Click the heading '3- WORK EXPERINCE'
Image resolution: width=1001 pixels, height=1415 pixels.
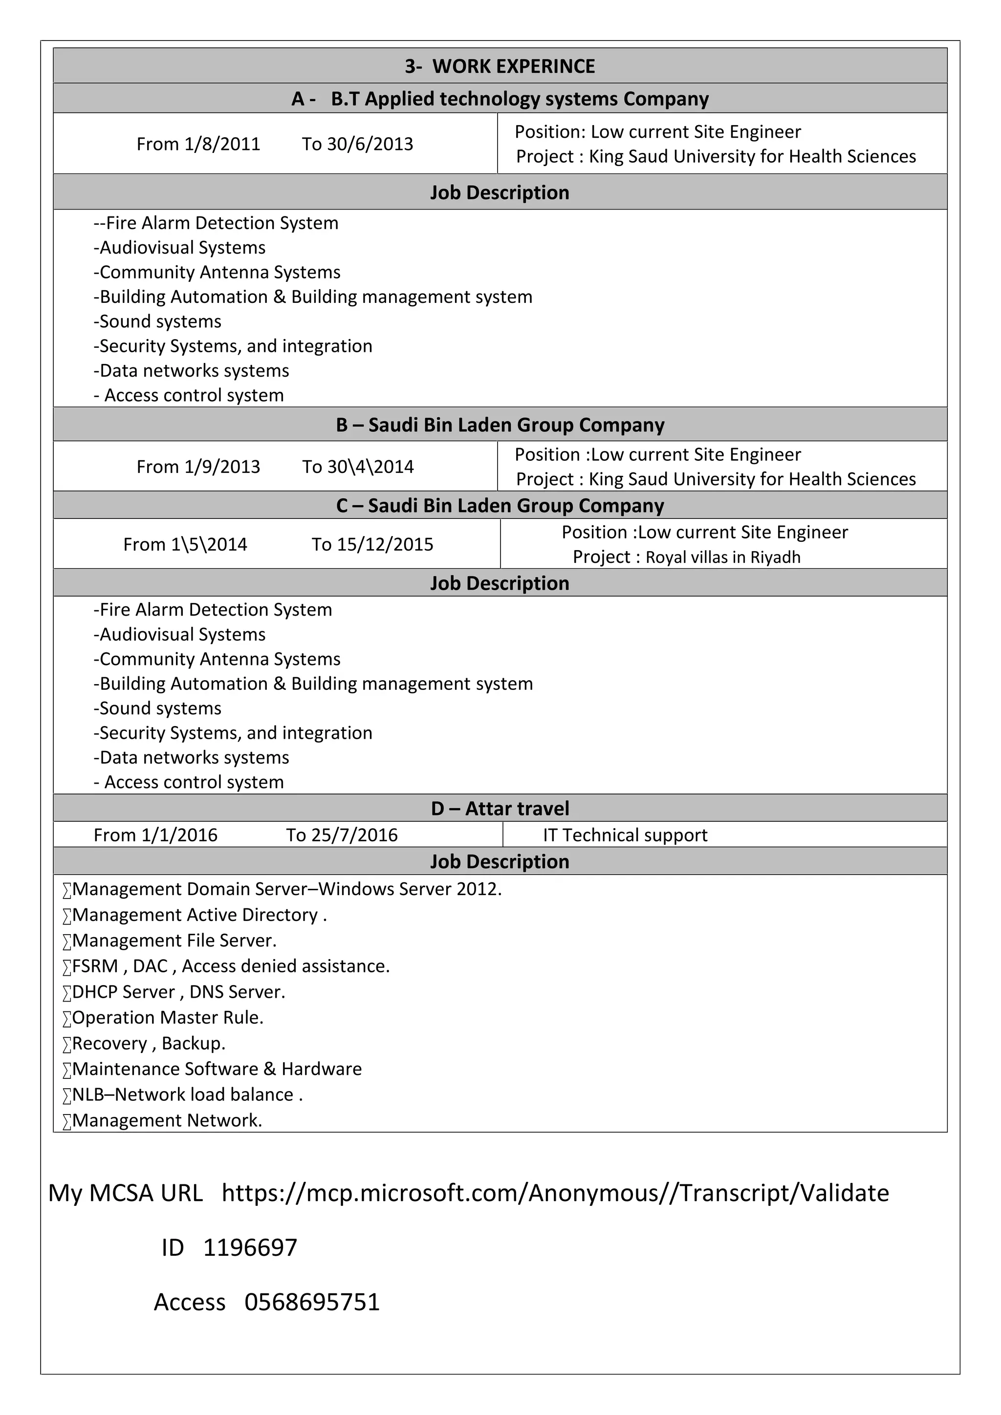[500, 66]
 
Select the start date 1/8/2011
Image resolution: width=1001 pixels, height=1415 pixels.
[222, 144]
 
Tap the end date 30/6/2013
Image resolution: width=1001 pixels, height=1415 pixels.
[370, 144]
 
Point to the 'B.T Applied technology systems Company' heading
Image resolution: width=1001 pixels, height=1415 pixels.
[520, 99]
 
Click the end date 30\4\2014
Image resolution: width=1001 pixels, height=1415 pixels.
[370, 467]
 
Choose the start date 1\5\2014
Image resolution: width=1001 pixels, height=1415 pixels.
[209, 544]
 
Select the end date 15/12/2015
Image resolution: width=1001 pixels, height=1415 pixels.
[385, 544]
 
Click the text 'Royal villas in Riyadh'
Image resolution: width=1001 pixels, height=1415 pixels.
[723, 557]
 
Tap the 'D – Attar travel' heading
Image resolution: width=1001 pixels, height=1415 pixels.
[500, 808]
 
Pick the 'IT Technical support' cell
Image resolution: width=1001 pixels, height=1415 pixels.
[625, 835]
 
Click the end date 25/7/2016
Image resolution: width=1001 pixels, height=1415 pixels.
[354, 835]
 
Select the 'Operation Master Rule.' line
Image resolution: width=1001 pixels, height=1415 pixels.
[168, 1017]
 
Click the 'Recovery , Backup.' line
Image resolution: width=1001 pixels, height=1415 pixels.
[149, 1043]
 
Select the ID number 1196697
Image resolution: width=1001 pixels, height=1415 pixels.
[250, 1247]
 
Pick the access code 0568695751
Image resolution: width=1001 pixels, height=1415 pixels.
[312, 1302]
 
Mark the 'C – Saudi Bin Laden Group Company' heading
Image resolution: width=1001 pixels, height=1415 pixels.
[500, 505]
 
